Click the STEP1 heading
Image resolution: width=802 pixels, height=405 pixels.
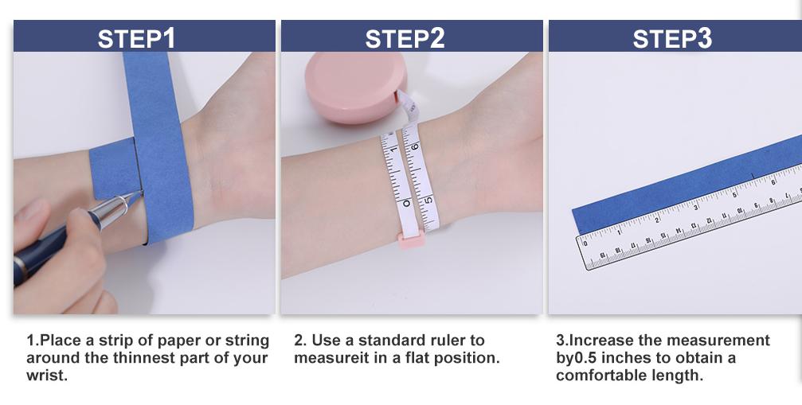click(x=136, y=38)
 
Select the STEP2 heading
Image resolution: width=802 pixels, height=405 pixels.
click(x=405, y=38)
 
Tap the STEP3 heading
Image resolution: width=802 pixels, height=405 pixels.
click(x=672, y=38)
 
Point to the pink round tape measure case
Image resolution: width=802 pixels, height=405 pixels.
click(x=355, y=87)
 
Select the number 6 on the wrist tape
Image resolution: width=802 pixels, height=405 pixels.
click(x=414, y=146)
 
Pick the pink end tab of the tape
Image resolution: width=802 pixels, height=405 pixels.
click(x=411, y=239)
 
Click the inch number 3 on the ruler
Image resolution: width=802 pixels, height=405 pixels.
click(x=695, y=208)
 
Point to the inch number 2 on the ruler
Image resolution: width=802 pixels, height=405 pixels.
click(x=657, y=220)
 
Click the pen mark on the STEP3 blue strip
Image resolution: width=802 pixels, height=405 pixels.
click(x=753, y=175)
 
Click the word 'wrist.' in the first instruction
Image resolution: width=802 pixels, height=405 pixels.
click(x=47, y=376)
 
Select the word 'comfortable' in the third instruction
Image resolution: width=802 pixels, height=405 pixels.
click(x=593, y=376)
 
